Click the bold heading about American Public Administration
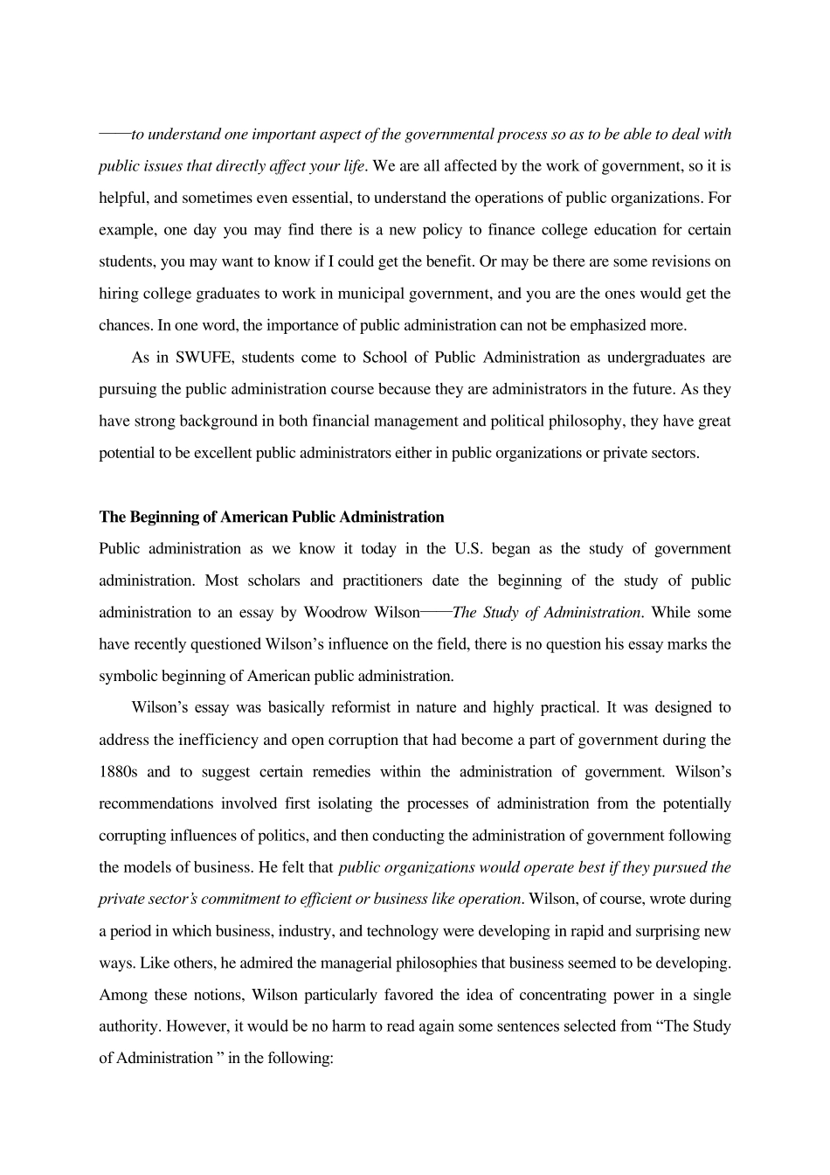tap(272, 517)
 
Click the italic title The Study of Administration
tap(548, 613)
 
